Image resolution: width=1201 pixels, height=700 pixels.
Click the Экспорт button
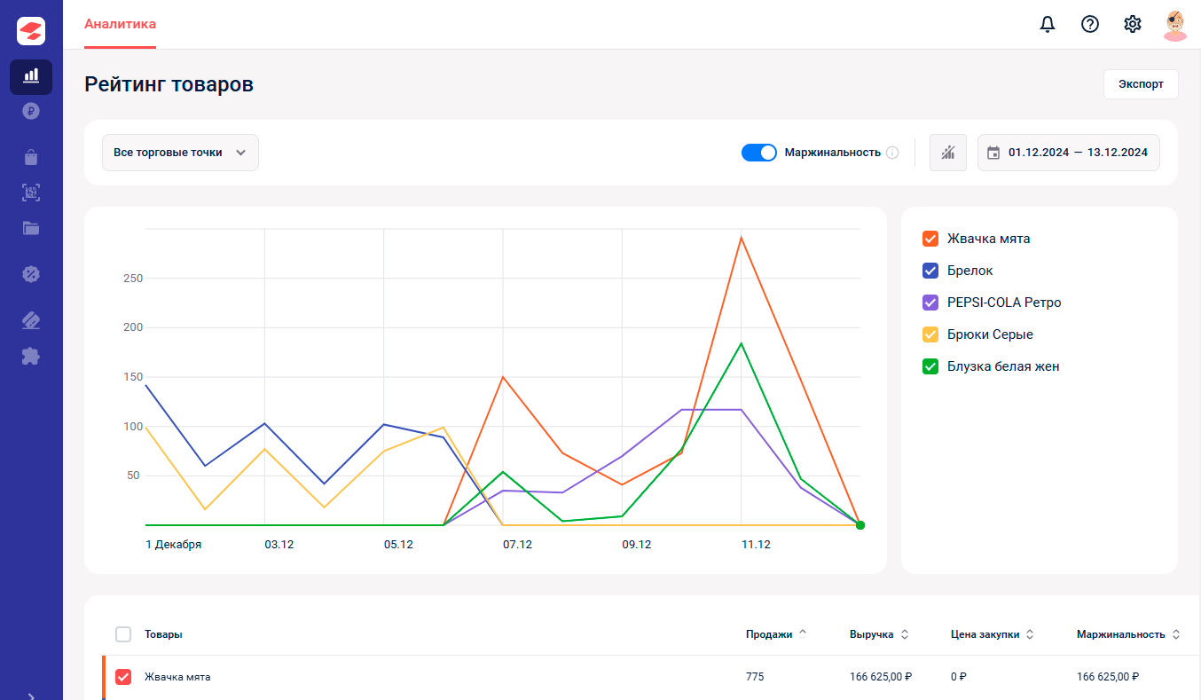[x=1141, y=84]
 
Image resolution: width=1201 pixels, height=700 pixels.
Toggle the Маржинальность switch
[x=758, y=153]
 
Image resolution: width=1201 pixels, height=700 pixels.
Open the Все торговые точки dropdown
[x=180, y=153]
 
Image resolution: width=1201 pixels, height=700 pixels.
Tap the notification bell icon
[x=1048, y=24]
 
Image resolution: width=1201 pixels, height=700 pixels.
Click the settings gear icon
[x=1133, y=24]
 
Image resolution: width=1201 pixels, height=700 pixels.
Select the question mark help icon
[x=1090, y=24]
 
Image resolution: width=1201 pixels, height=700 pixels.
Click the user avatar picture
[x=1174, y=25]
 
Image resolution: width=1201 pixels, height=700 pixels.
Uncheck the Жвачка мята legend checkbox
[x=930, y=239]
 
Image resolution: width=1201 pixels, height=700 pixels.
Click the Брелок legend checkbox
[x=930, y=271]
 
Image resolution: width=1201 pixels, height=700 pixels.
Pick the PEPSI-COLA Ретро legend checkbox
[x=930, y=303]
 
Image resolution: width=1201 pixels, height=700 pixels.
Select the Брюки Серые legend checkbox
[x=930, y=334]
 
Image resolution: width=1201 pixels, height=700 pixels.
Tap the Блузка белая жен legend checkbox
[x=930, y=366]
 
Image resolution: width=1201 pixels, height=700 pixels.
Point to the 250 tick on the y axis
[x=133, y=278]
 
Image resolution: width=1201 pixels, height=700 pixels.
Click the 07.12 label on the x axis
[x=517, y=545]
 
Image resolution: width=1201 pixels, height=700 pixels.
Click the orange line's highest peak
[x=741, y=238]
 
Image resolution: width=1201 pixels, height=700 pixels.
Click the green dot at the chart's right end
[x=860, y=525]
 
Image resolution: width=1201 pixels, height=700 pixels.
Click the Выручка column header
[x=871, y=634]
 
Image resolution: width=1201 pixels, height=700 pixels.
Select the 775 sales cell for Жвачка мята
[x=754, y=677]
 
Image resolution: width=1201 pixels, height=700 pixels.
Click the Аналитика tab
[x=120, y=24]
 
